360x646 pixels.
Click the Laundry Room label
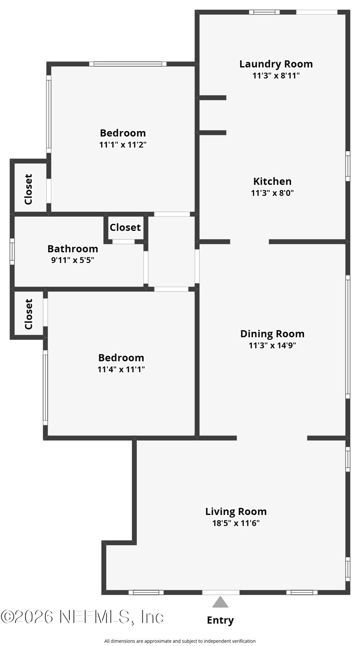coord(276,64)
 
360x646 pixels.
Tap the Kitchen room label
coord(272,181)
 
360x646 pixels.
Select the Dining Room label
coord(272,334)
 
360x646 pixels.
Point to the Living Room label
coord(236,511)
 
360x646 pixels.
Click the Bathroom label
coord(72,248)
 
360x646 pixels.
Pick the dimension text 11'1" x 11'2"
coord(123,145)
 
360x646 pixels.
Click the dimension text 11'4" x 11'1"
coord(121,369)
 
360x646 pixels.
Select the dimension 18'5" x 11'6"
coord(236,523)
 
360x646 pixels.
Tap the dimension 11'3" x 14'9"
coord(272,346)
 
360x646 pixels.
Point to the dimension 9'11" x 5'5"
coord(72,260)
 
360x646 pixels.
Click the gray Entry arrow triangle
coord(220,602)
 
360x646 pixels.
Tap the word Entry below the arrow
coord(220,620)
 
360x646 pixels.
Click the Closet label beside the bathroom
coord(125,227)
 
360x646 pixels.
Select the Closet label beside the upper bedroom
coord(28,189)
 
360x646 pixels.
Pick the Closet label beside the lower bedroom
coord(28,314)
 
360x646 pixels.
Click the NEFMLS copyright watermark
coord(82,617)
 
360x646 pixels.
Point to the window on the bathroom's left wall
coord(12,251)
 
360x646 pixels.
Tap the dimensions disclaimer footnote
coord(180,641)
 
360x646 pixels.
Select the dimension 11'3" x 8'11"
coord(276,76)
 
